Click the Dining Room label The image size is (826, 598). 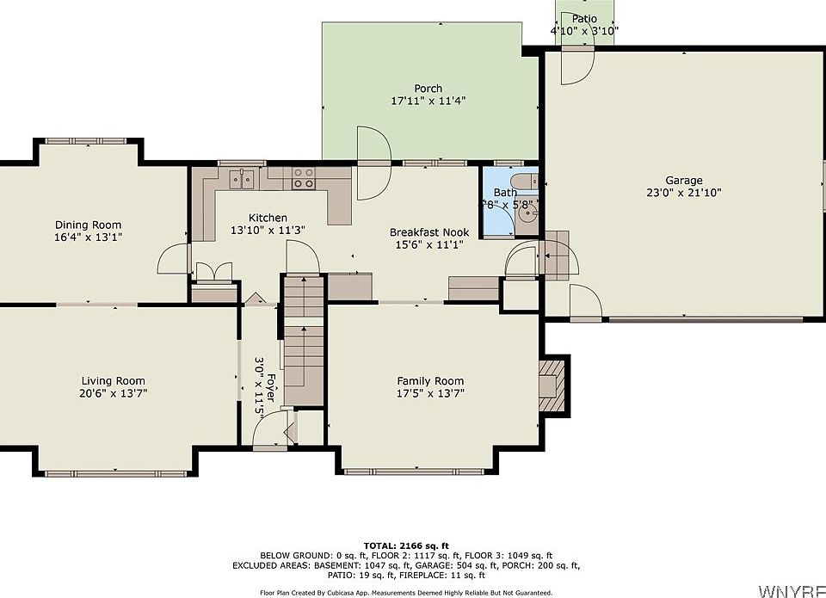(88, 225)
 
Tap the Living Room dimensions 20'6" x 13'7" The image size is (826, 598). (114, 393)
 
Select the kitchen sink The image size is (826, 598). (242, 179)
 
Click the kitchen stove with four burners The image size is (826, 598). (304, 178)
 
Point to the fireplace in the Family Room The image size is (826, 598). (552, 386)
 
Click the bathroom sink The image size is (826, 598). (527, 213)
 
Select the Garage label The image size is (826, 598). (684, 181)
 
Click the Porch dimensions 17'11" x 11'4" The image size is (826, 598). (428, 101)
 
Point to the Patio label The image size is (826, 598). (584, 19)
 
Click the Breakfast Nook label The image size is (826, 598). (429, 232)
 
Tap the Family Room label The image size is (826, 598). (430, 381)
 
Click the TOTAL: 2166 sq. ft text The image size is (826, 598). (406, 546)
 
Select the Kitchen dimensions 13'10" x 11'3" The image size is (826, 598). (268, 231)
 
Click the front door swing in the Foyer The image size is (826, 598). (269, 429)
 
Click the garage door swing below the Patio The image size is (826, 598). (577, 66)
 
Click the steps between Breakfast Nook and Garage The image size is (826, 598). (557, 255)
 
